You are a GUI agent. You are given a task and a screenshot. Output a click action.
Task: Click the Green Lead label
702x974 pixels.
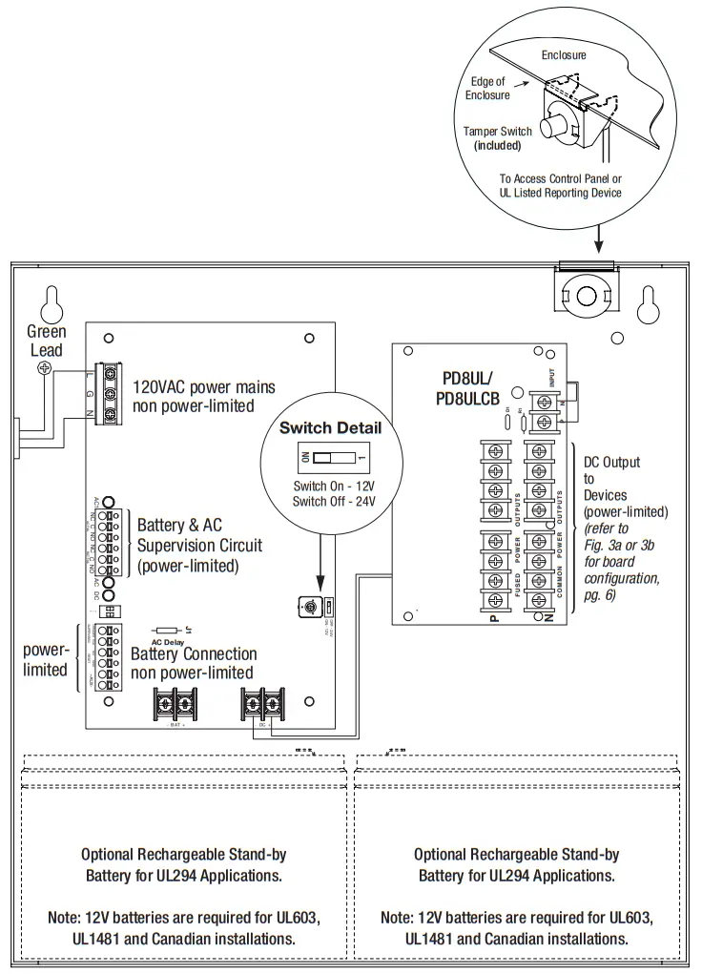tap(46, 341)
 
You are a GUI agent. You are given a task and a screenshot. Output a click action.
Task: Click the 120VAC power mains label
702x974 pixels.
tap(203, 396)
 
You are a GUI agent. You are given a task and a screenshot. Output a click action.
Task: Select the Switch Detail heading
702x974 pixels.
tap(330, 428)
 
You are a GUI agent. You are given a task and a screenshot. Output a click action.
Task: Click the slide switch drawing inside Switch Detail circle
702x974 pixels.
tap(329, 458)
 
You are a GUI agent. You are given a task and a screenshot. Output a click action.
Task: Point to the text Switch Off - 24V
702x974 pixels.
tap(330, 501)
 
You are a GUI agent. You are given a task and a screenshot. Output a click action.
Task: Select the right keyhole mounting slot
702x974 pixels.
tap(651, 303)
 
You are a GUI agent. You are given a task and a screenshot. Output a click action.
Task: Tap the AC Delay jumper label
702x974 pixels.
tap(167, 642)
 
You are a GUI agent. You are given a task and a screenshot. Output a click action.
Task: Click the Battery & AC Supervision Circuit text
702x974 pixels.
tap(199, 546)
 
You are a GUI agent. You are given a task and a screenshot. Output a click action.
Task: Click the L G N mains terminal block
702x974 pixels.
tap(111, 394)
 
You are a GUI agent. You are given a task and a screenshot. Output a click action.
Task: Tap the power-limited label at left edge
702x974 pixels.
tap(45, 659)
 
